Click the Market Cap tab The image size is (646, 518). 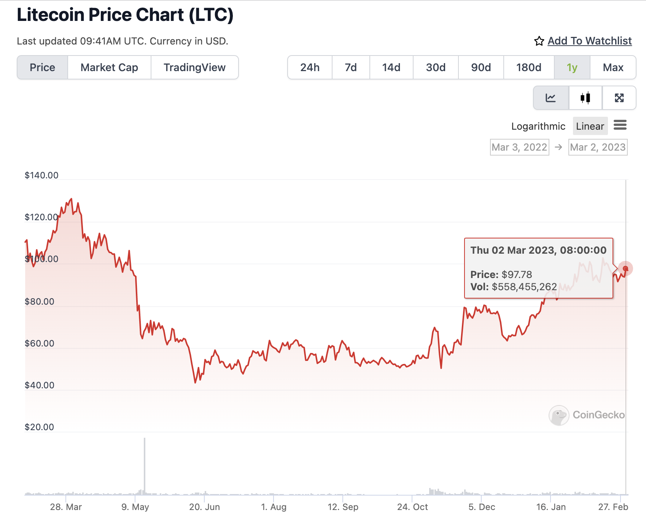[109, 68]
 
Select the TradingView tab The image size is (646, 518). [194, 68]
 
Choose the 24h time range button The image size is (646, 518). [310, 68]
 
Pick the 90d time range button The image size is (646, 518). [481, 68]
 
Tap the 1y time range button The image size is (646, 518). [572, 68]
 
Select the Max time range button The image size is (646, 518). [613, 68]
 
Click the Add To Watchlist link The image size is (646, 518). [589, 41]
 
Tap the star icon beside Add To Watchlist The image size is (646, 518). [539, 41]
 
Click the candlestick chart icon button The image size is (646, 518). [585, 98]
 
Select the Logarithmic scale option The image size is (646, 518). [538, 126]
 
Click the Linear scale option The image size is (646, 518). [590, 126]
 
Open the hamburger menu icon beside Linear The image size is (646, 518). [620, 125]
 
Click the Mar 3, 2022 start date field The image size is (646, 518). [519, 147]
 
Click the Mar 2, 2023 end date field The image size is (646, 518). [598, 147]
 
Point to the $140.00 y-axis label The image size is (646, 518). [41, 175]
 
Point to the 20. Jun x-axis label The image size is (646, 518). [204, 507]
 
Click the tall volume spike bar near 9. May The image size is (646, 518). [145, 466]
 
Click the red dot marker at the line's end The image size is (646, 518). [625, 269]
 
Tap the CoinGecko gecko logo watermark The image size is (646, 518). [558, 415]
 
